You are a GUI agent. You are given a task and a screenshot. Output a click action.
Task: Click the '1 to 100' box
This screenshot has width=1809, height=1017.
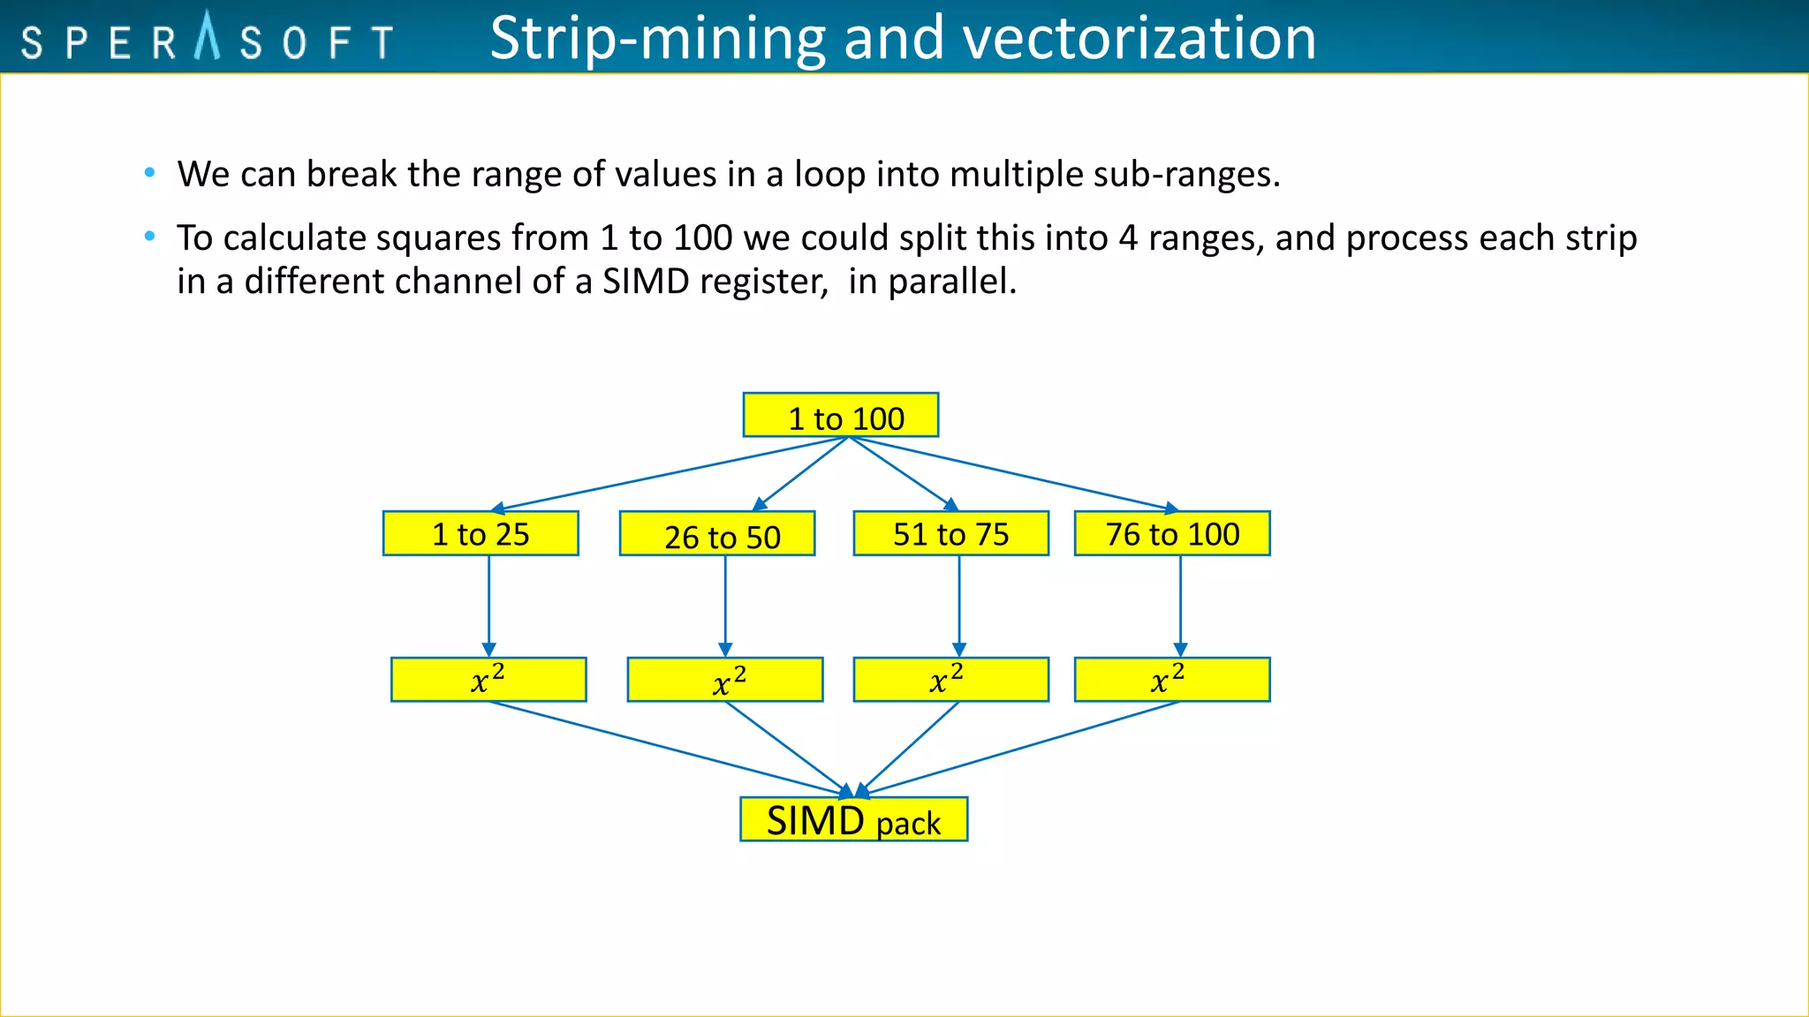pyautogui.click(x=840, y=416)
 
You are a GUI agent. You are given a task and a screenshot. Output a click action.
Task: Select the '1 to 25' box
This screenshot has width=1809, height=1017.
pyautogui.click(x=481, y=534)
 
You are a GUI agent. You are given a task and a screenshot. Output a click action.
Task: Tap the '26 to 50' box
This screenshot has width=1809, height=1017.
pyautogui.click(x=717, y=534)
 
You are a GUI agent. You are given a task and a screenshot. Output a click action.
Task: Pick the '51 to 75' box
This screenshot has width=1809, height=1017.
pyautogui.click(x=951, y=534)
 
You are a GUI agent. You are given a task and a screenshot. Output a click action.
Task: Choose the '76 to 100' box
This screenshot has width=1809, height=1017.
pyautogui.click(x=1172, y=534)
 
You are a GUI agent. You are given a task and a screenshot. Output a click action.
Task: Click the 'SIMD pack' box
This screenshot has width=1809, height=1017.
pyautogui.click(x=853, y=820)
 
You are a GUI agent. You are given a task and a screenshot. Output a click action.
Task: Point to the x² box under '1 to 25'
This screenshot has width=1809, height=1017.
pyautogui.click(x=488, y=680)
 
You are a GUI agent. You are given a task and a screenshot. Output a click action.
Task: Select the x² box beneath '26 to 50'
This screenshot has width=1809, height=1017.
pyautogui.click(x=725, y=680)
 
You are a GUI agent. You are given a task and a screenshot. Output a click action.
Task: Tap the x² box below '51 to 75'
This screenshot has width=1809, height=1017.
pyautogui.click(x=951, y=680)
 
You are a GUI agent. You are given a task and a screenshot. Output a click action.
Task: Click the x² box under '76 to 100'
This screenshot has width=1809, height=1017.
pyautogui.click(x=1172, y=680)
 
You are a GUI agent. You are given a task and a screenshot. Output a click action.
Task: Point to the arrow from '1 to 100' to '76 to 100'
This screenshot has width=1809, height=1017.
pyautogui.click(x=1016, y=473)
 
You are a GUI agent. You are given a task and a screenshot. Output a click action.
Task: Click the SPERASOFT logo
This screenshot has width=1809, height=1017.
pyautogui.click(x=208, y=41)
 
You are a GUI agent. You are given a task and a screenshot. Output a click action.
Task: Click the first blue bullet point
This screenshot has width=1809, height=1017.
pyautogui.click(x=150, y=173)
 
